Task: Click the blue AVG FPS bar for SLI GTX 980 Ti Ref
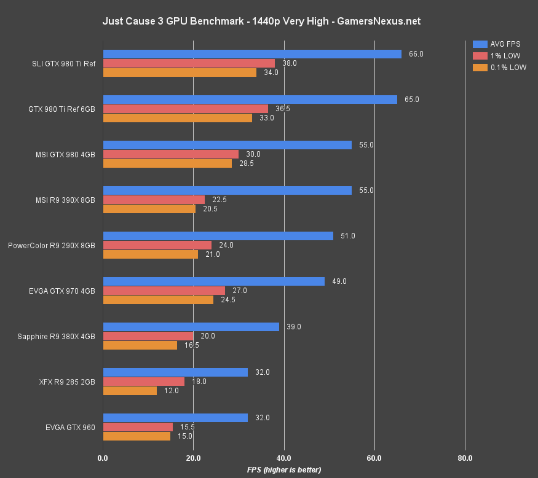[252, 54]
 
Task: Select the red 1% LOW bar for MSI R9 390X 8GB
[154, 200]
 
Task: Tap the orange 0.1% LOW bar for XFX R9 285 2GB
[130, 391]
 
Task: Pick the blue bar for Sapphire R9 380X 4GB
[191, 327]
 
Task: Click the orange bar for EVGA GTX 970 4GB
[158, 300]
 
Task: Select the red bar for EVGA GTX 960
[138, 427]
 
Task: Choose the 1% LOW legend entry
[496, 56]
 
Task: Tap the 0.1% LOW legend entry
[499, 68]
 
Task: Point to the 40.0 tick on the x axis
[284, 458]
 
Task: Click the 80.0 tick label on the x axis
[465, 458]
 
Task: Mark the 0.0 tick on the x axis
[103, 458]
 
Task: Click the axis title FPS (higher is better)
[284, 469]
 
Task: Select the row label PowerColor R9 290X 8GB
[52, 245]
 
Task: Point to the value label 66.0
[416, 54]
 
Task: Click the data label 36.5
[283, 109]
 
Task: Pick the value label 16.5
[192, 345]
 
